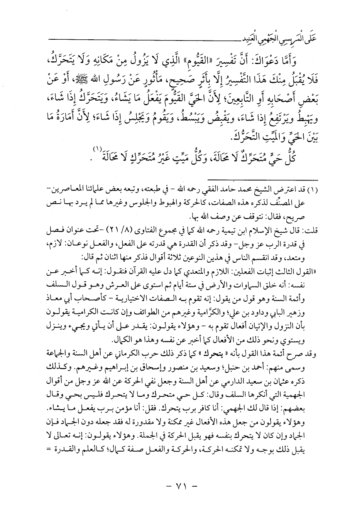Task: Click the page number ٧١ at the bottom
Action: click(x=180, y=496)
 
